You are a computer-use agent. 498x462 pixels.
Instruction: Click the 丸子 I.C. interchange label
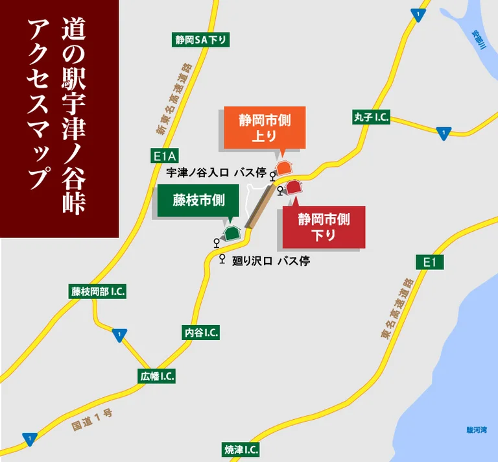pos(371,117)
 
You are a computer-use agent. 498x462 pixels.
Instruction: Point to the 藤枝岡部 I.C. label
pos(98,291)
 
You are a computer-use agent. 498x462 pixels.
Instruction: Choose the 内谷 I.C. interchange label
pos(201,333)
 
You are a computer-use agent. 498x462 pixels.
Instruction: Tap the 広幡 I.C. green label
pos(158,376)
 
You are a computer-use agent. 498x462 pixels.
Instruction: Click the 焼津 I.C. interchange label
pos(241,450)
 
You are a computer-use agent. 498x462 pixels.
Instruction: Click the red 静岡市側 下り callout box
pos(324,227)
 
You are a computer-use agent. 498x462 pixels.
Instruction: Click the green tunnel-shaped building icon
pos(231,232)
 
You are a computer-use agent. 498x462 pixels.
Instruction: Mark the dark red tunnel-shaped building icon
pos(294,188)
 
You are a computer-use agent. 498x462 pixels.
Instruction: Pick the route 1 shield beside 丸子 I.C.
pos(443,132)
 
